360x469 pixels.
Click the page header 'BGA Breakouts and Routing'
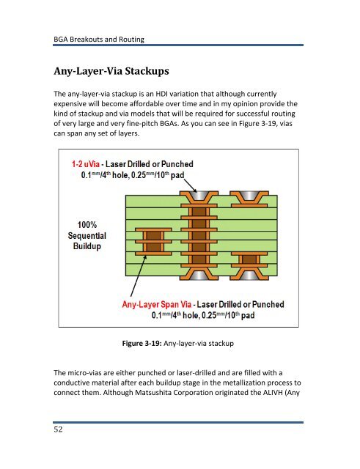coord(99,39)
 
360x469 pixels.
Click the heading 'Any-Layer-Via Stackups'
coord(111,71)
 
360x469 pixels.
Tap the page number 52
coord(58,429)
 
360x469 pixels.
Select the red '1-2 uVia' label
coord(85,164)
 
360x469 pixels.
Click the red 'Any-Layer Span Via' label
coord(156,305)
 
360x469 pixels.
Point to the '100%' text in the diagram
coord(87,225)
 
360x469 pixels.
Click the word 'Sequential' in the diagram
coord(87,236)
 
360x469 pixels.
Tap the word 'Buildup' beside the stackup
coord(87,246)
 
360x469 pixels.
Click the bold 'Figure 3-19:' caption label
coord(142,343)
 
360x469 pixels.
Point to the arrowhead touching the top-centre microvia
coord(194,190)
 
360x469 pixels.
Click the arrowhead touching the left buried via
coord(145,258)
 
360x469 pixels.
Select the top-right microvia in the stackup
coord(249,199)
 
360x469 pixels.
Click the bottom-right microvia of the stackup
coord(249,272)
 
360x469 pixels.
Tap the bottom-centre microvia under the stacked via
coord(199,272)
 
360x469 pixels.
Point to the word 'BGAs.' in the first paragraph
coord(169,124)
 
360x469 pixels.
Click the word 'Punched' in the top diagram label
coord(177,164)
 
